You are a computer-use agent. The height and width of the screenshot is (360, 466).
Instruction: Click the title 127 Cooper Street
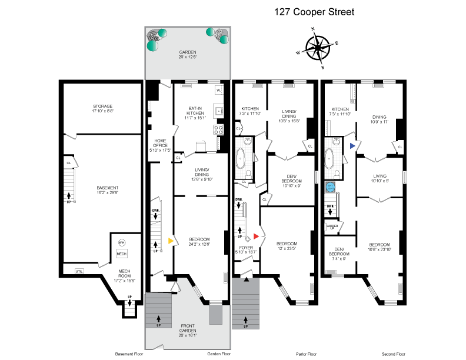(314, 12)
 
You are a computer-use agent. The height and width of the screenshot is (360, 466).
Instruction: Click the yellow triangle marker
(171, 241)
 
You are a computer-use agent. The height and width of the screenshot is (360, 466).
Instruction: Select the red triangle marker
(257, 236)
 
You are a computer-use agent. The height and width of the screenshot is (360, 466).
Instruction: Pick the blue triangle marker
(352, 145)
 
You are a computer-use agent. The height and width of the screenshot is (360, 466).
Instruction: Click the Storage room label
(102, 108)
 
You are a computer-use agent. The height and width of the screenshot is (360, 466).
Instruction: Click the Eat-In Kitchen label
(195, 113)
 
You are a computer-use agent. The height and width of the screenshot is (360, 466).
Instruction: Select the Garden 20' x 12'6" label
(188, 55)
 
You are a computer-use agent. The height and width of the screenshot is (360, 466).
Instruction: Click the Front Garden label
(188, 328)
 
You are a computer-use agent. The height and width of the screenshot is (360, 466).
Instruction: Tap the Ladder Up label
(331, 226)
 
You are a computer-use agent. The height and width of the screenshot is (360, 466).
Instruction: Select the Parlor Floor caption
(305, 354)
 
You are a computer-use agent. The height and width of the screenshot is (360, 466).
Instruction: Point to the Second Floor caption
(394, 354)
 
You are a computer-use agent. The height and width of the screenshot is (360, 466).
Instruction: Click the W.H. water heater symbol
(122, 242)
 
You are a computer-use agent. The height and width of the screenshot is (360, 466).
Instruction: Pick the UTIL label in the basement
(79, 271)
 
